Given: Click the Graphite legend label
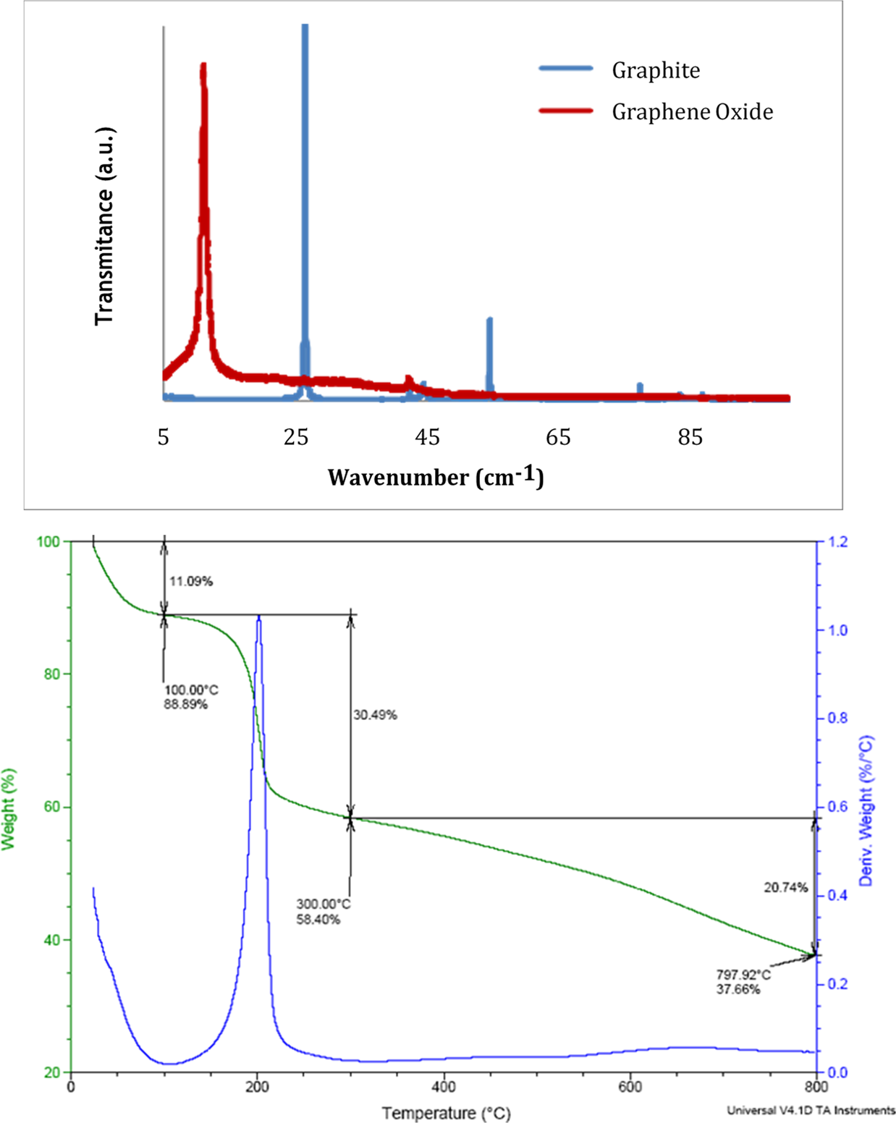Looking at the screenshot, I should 656,70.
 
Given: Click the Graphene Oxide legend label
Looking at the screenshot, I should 692,111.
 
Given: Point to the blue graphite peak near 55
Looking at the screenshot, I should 489,321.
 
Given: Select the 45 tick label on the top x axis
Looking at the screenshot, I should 427,437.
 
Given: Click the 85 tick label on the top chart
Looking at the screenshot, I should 690,437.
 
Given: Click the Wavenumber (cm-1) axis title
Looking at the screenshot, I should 436,477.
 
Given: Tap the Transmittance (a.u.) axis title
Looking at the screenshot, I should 105,226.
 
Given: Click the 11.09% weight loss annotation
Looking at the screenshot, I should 191,581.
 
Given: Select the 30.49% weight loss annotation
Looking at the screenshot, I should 375,715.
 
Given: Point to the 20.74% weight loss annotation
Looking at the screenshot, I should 785,887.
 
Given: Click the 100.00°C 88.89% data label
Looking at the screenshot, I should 190,697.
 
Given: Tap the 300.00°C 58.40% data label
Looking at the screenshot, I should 323,912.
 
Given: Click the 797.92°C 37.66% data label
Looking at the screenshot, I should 743,982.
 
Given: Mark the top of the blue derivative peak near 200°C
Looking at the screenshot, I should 259,617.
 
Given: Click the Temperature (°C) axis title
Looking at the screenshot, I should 446,1113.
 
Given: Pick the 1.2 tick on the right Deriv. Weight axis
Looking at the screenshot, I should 837,542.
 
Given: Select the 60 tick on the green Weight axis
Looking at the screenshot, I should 52,807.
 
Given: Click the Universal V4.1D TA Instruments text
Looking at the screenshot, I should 811,1110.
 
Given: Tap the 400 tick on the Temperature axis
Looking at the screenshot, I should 444,1087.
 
